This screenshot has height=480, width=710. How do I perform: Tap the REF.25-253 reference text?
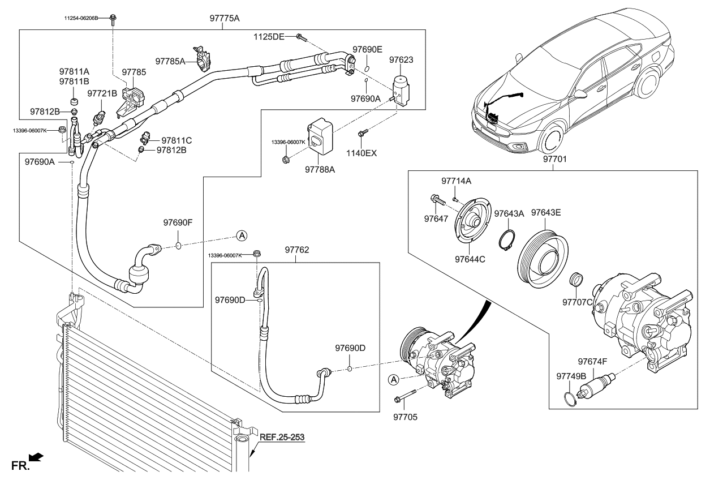282,438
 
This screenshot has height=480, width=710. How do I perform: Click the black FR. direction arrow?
36,456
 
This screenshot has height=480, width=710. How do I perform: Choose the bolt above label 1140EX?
362,133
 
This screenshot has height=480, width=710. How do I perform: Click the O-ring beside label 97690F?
178,246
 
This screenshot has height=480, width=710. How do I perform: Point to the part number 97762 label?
298,249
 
